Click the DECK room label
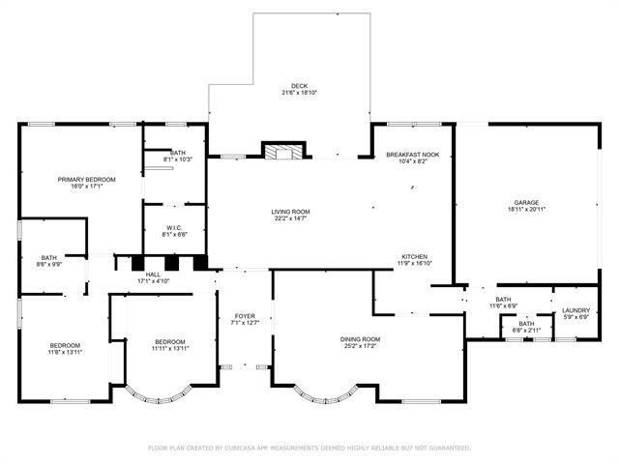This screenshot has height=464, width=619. [300, 86]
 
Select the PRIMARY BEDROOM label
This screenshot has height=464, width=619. [86, 180]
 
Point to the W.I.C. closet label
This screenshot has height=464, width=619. [175, 227]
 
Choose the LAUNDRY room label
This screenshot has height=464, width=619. [576, 310]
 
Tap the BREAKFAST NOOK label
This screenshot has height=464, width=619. [413, 155]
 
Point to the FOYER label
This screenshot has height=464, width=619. [245, 316]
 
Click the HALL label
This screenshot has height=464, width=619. [154, 275]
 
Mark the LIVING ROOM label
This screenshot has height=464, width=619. [289, 212]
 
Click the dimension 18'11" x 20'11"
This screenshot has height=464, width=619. [526, 210]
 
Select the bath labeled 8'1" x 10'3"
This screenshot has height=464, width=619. [178, 159]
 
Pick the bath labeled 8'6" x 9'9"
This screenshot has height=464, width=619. [48, 263]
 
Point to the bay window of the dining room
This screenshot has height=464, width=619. [328, 393]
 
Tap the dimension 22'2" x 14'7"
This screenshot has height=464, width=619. [289, 218]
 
